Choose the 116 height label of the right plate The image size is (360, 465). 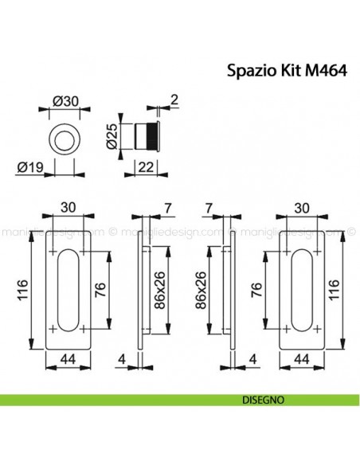pyautogui.click(x=340, y=291)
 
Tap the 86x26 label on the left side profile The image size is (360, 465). pyautogui.click(x=158, y=291)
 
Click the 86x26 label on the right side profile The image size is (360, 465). pyautogui.click(x=202, y=291)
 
